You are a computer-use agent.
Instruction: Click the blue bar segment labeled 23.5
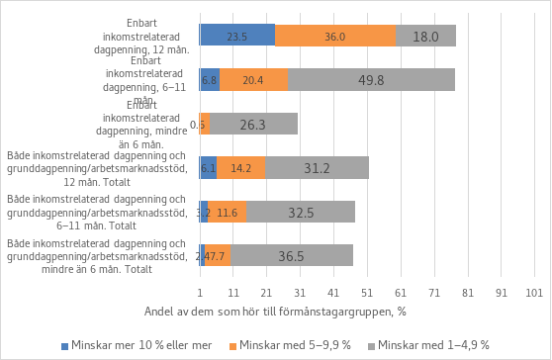(x=237, y=36)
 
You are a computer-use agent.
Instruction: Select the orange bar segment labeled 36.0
(x=334, y=36)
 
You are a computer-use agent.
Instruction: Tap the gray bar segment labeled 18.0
(x=425, y=36)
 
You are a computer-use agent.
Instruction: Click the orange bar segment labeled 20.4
(x=253, y=80)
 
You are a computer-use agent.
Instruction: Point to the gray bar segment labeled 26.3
(x=253, y=124)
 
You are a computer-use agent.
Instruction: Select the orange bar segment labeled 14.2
(x=240, y=168)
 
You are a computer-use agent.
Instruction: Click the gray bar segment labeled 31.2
(x=317, y=168)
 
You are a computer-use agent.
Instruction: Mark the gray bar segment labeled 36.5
(x=292, y=255)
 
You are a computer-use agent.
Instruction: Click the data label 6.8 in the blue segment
(x=209, y=80)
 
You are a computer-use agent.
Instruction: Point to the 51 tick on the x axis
(x=367, y=293)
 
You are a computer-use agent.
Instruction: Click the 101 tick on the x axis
(x=534, y=293)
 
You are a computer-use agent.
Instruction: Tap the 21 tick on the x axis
(x=266, y=293)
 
